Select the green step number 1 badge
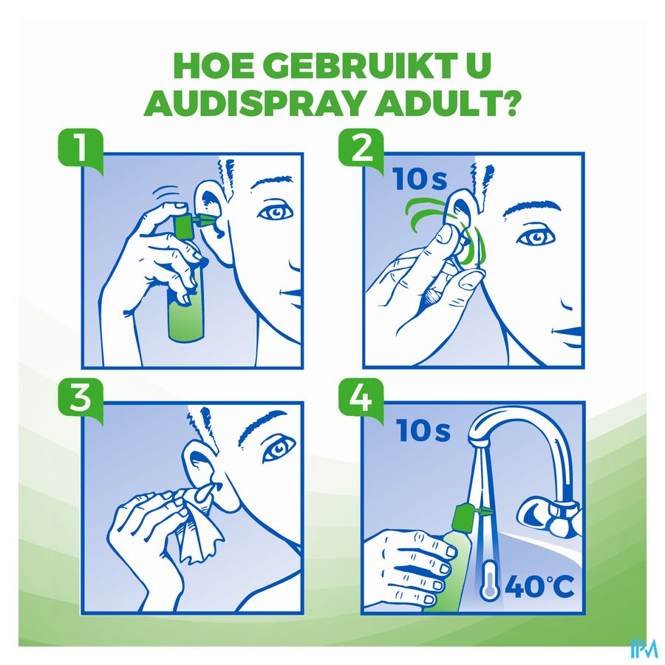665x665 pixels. tap(81, 151)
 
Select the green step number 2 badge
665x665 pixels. tap(361, 150)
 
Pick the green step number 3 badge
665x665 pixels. tap(81, 400)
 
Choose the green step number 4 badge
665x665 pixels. tap(361, 399)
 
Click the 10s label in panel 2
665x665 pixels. tap(420, 179)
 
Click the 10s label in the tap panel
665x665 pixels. tap(423, 430)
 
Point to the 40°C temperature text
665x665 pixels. tap(539, 587)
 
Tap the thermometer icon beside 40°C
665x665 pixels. tap(489, 580)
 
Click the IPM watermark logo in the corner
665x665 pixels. tap(644, 648)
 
